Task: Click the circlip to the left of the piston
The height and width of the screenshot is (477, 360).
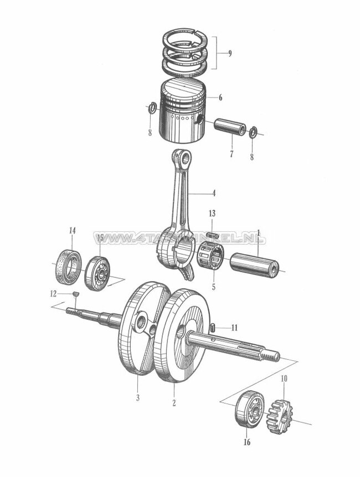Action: (151, 108)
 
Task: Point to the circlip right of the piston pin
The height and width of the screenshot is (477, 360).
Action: (253, 132)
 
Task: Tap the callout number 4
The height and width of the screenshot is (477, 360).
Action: (213, 194)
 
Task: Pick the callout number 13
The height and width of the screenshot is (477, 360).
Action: (213, 214)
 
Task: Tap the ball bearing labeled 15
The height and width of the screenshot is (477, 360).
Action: (97, 272)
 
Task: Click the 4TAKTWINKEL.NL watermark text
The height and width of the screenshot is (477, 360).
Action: (179, 239)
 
